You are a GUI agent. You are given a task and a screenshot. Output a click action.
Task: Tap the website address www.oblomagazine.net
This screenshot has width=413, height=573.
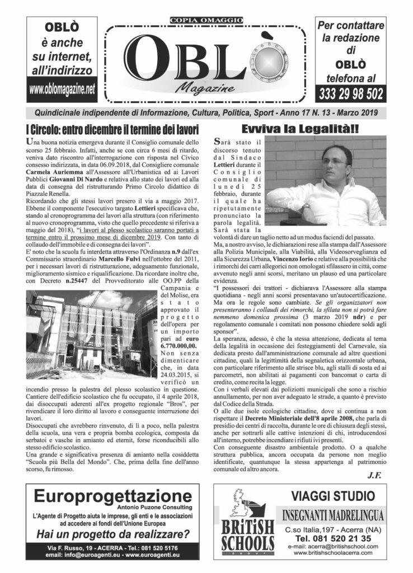[62, 88]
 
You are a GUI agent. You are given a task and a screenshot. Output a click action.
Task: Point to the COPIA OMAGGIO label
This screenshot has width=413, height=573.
[205, 22]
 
